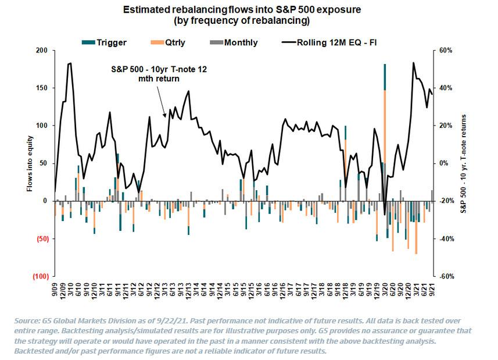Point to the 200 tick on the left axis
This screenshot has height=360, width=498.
[41, 51]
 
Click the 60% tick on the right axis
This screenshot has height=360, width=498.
[445, 51]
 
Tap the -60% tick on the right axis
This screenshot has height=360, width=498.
[445, 277]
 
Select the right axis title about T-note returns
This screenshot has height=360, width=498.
[464, 163]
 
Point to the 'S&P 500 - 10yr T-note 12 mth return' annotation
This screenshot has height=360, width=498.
[158, 73]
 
